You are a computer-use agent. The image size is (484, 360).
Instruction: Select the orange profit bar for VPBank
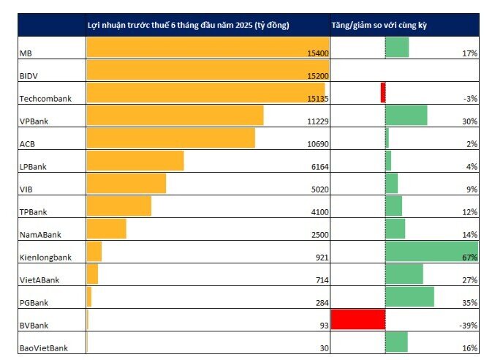[175, 116]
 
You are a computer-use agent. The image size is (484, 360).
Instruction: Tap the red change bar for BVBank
[358, 320]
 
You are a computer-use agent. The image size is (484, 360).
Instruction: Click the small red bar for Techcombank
[383, 92]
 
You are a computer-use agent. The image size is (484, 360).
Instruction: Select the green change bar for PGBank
[409, 296]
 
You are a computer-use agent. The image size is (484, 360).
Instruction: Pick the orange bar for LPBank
[135, 161]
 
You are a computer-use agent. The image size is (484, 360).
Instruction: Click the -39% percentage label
[468, 326]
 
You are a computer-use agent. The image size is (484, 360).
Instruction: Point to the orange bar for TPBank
[119, 206]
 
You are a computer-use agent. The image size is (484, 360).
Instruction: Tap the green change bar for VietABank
[404, 274]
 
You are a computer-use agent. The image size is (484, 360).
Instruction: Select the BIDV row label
[28, 76]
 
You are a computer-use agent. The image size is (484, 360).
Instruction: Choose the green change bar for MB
[397, 47]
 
